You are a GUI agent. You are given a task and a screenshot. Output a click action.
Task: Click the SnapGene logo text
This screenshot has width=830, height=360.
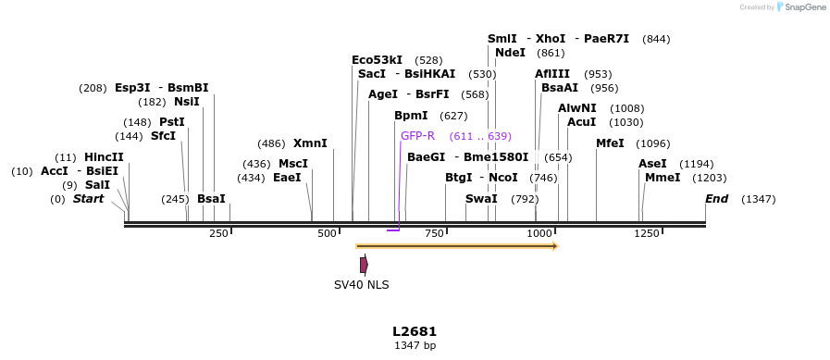pos(801,7)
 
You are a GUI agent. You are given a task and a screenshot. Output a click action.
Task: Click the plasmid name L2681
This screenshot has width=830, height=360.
pos(415,331)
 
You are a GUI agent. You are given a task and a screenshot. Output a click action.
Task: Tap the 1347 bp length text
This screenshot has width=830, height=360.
pos(415,346)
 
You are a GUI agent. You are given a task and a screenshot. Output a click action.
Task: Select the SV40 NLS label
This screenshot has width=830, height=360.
pos(362,285)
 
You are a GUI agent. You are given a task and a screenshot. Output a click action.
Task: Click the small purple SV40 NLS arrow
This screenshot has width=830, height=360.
pos(364,265)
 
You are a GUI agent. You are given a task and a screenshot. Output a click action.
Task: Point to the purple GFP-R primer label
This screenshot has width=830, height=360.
pos(417,136)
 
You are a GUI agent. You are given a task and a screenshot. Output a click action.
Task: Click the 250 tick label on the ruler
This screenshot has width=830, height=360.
pos(218,234)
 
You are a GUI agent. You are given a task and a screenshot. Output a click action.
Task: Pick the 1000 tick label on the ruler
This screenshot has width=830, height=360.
pos(539,234)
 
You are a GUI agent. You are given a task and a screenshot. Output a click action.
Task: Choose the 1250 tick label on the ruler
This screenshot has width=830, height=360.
pos(646,234)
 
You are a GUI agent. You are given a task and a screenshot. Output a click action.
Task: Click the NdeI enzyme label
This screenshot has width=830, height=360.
pos(510,53)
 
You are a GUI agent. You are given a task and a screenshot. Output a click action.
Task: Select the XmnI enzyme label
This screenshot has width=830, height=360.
pos(310,143)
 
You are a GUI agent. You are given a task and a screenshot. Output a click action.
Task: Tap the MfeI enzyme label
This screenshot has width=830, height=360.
pos(610,143)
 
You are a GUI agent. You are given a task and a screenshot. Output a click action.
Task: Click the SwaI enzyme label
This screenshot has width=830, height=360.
pos(481,199)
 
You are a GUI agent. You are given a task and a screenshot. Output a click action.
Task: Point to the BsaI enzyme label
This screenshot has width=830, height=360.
pos(211,199)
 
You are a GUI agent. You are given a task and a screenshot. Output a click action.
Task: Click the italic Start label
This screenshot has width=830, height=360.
pos(88,199)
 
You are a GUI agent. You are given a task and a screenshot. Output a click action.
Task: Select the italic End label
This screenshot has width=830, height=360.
pos(716,199)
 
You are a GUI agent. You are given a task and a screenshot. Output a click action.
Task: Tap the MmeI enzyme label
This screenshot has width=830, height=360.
pos(663,178)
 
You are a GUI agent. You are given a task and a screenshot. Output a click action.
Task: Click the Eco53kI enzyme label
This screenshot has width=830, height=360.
pos(377,60)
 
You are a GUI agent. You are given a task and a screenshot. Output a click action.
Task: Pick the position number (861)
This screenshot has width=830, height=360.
pos(551,53)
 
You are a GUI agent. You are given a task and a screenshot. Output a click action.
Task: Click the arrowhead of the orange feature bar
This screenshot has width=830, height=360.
pos(555,246)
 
